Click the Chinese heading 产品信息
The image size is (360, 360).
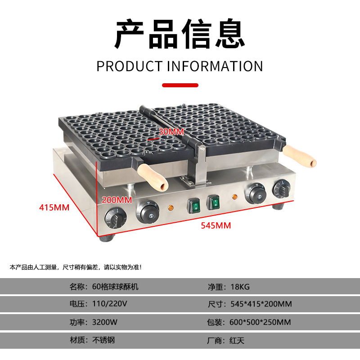pyautogui.click(x=180, y=35)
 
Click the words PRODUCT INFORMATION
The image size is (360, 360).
pyautogui.click(x=180, y=66)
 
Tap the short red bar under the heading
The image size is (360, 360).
pyautogui.click(x=180, y=85)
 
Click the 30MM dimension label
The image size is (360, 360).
pyautogui.click(x=171, y=132)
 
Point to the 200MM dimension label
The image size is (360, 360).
pyautogui.click(x=117, y=199)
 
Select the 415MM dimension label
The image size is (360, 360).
pyautogui.click(x=54, y=207)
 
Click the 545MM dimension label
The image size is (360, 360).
pyautogui.click(x=216, y=225)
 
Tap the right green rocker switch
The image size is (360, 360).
pyautogui.click(x=215, y=203)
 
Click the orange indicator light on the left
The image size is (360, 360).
pyautogui.click(x=171, y=208)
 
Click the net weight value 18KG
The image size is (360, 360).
pyautogui.click(x=240, y=286)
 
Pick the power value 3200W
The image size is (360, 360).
pyautogui.click(x=104, y=322)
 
